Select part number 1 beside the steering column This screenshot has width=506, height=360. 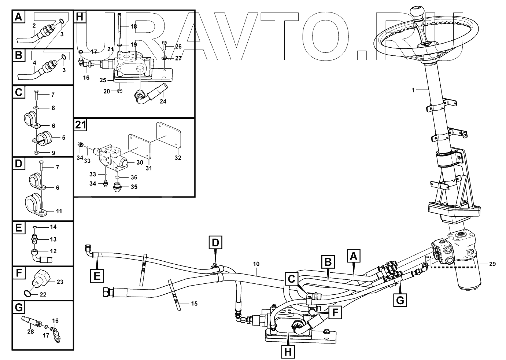tap(413, 90)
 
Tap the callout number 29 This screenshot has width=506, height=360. tap(492, 264)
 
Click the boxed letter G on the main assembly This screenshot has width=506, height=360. tap(400, 300)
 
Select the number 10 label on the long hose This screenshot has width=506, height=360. tap(256, 264)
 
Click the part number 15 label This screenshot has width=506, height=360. tap(194, 304)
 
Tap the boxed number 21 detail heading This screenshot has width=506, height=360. tap(81, 125)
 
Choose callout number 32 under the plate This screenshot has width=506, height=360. tap(178, 158)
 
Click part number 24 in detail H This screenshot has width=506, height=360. tap(163, 101)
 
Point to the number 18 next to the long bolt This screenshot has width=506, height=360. tap(133, 26)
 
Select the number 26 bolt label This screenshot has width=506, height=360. tap(178, 47)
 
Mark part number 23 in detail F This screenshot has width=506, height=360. tap(60, 282)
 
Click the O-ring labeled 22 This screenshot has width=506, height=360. tap(26, 293)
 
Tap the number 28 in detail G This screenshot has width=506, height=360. tap(30, 331)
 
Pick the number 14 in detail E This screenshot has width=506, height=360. tap(53, 227)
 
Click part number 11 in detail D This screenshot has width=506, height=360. tap(59, 211)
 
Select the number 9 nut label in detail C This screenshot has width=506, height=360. tap(53, 153)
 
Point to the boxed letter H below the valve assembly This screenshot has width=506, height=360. tap(288, 352)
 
